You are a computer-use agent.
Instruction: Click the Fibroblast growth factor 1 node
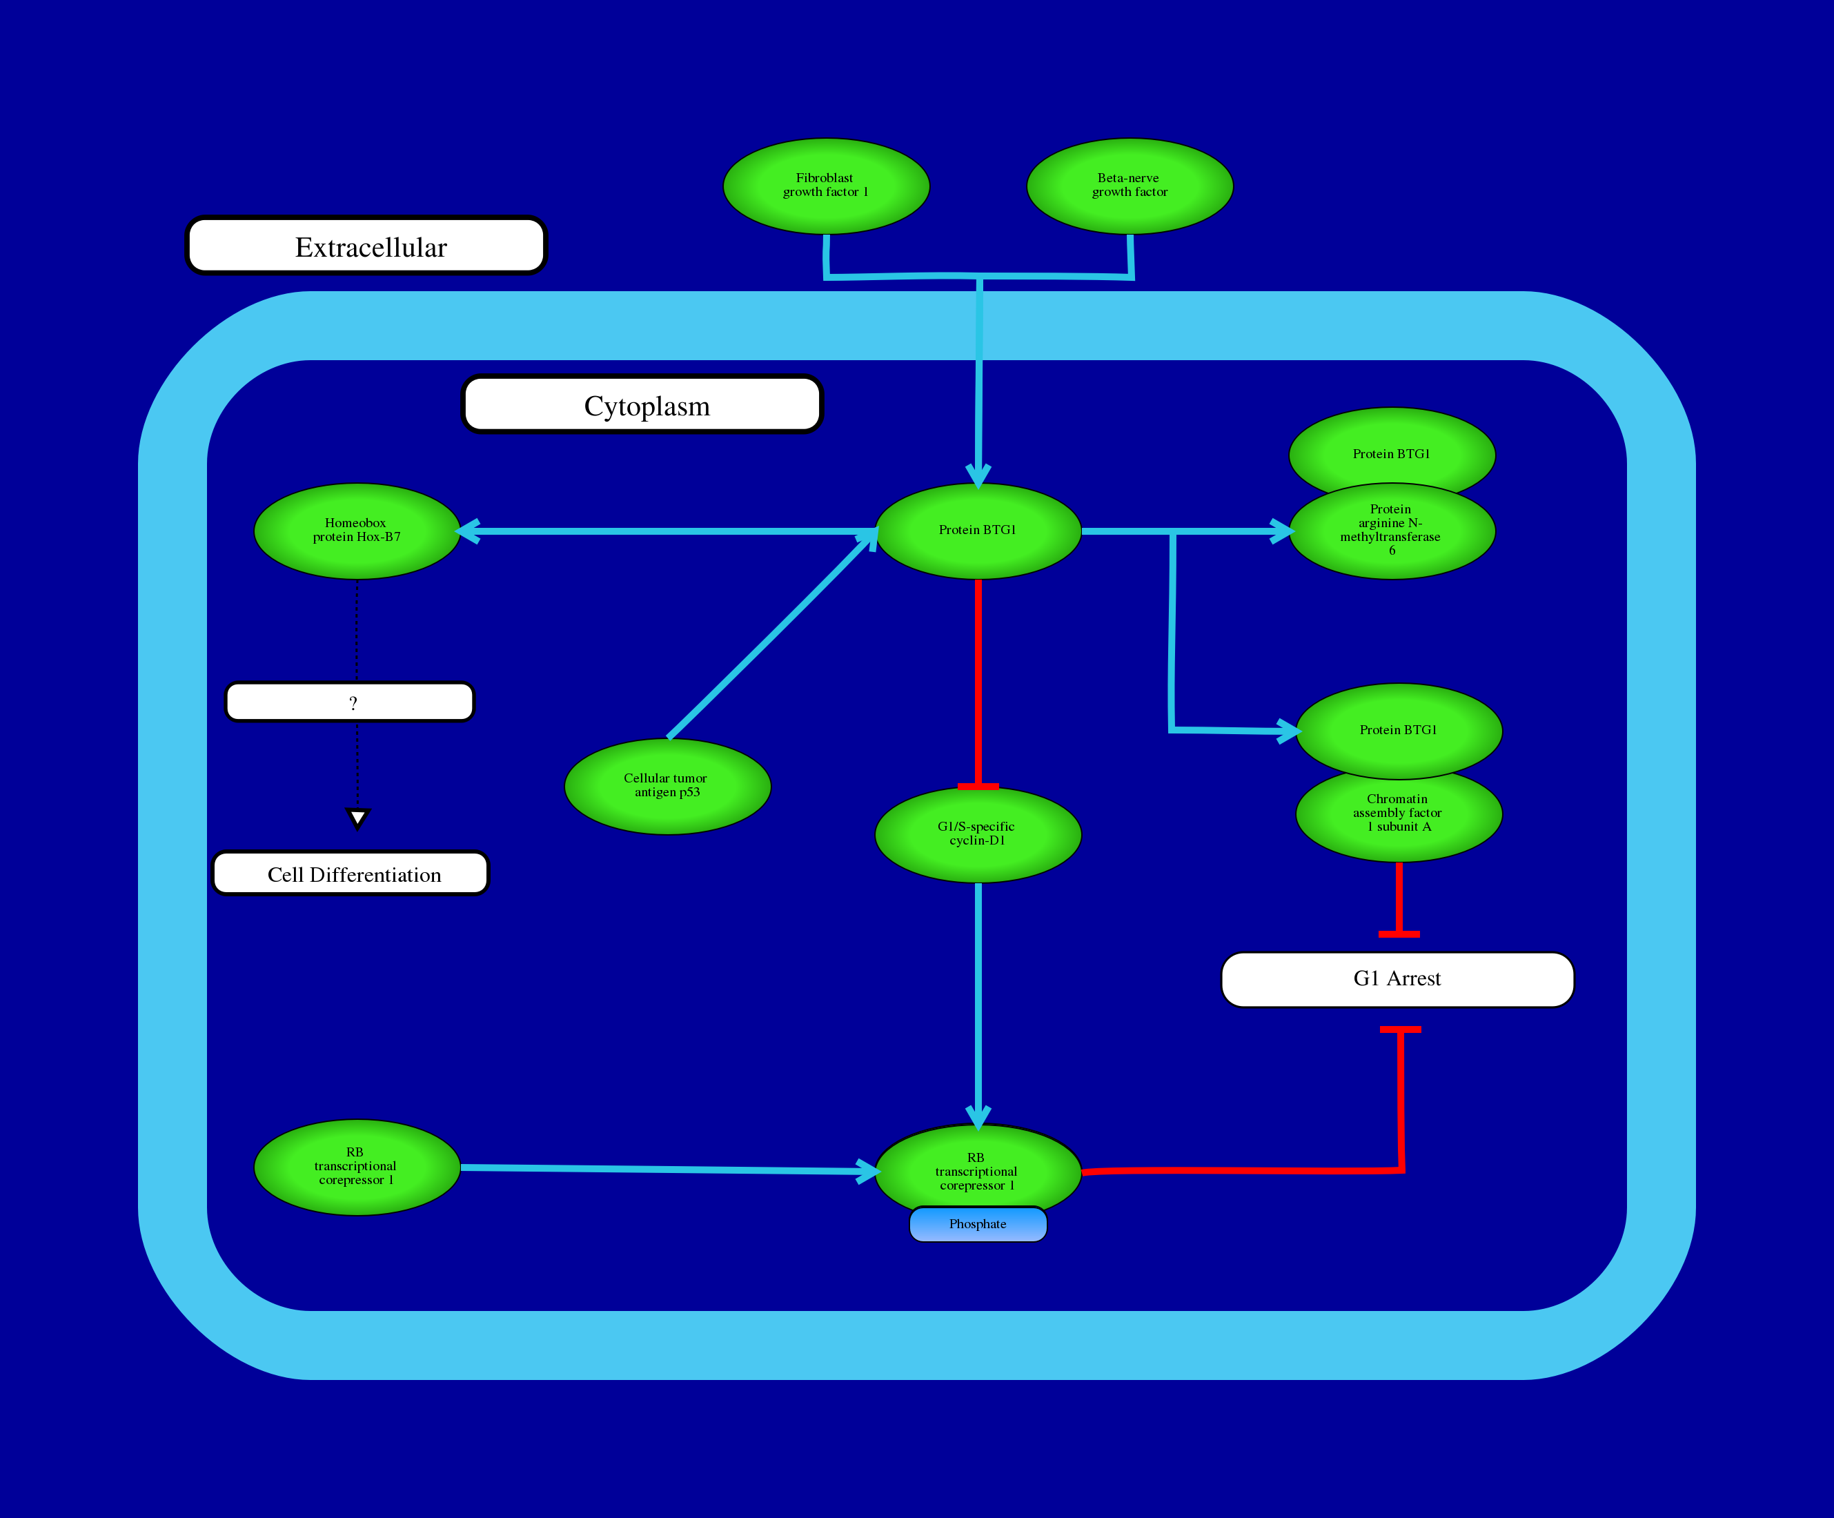[825, 186]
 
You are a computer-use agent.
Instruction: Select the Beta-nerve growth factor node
[1130, 186]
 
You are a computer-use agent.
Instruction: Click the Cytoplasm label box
[643, 404]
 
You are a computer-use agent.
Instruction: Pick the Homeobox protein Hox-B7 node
[356, 531]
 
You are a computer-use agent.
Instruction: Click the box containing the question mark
[349, 702]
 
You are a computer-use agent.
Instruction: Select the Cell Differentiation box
[351, 874]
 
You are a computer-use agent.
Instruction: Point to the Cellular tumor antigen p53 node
[667, 786]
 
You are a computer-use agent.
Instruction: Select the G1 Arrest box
[1397, 979]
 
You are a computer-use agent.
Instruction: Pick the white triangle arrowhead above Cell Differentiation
[357, 818]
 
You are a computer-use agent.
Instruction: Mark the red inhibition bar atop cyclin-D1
[978, 786]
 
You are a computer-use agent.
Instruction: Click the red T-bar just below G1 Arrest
[1400, 1029]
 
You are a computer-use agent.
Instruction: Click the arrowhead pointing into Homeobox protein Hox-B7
[469, 531]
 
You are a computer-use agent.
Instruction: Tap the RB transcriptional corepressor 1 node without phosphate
[356, 1167]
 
